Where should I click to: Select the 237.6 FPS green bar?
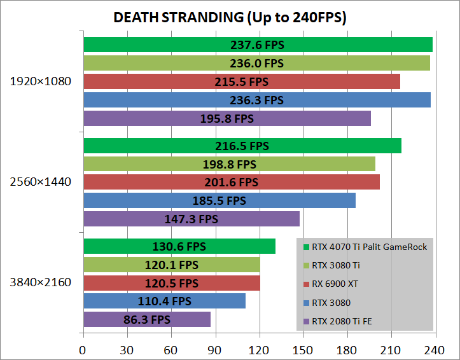[x=258, y=45]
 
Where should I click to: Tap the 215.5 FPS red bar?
[x=242, y=81]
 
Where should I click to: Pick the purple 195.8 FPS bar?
[x=227, y=118]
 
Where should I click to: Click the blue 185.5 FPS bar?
[x=219, y=201]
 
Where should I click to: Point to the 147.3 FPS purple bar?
[x=191, y=219]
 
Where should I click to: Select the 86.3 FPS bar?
[x=146, y=319]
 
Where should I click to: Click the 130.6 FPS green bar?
[x=179, y=246]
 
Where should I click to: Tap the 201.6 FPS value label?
[x=232, y=183]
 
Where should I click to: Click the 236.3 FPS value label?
[x=256, y=100]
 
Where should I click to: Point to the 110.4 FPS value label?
[x=164, y=301]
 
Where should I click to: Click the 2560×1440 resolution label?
[x=41, y=182]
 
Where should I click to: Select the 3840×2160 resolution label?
[x=41, y=282]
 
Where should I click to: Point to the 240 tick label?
[x=435, y=349]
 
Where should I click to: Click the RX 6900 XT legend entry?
[x=337, y=284]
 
